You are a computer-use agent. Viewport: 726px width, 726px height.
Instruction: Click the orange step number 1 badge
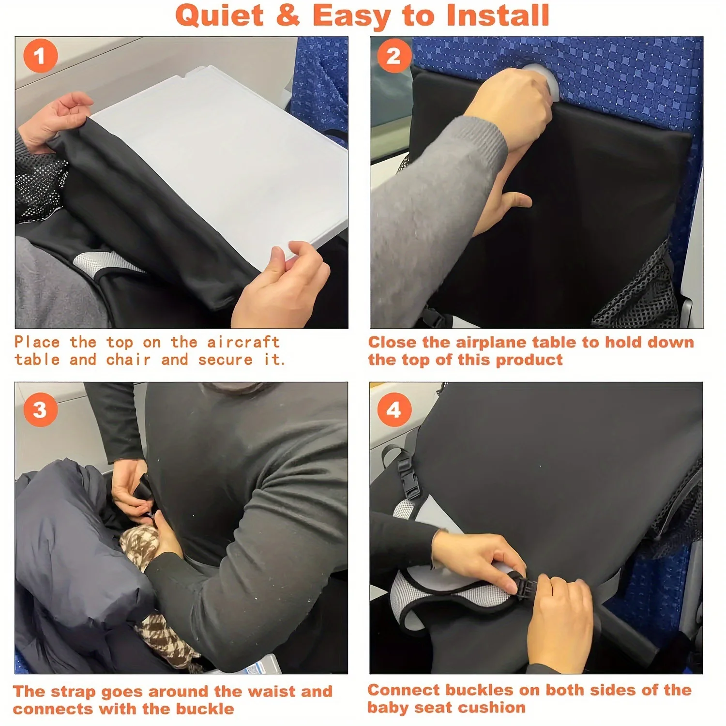tap(41, 56)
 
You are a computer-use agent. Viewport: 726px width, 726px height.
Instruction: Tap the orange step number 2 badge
tap(393, 56)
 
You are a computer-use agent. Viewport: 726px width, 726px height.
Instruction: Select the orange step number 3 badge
tap(41, 409)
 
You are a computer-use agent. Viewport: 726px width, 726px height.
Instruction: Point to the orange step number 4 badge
tap(394, 409)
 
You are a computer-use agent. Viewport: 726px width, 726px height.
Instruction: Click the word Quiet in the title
tap(220, 15)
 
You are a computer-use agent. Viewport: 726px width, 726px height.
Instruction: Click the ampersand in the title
tap(288, 15)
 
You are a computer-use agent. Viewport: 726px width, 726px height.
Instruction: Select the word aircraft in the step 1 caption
tap(243, 342)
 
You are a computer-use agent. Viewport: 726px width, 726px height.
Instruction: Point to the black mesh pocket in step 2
tap(639, 290)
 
